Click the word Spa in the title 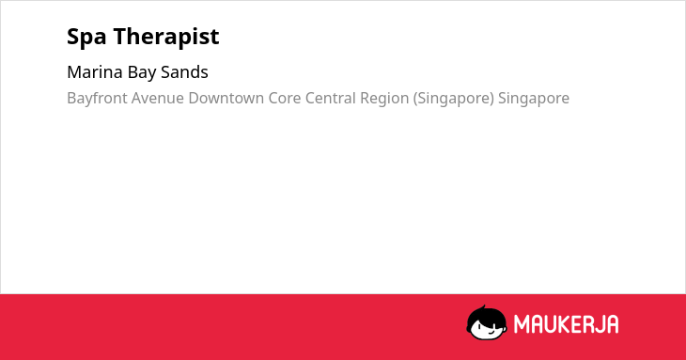(86, 37)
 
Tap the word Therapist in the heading (166, 37)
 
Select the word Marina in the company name (95, 72)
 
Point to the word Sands (184, 72)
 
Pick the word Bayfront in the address (97, 99)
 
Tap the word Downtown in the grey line (226, 99)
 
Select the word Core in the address (285, 99)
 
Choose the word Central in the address (330, 99)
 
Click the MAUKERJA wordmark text (566, 324)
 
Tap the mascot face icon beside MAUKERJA (487, 323)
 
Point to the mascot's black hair (486, 314)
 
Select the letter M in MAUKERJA (522, 324)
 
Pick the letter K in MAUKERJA (566, 324)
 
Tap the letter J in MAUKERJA (598, 324)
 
